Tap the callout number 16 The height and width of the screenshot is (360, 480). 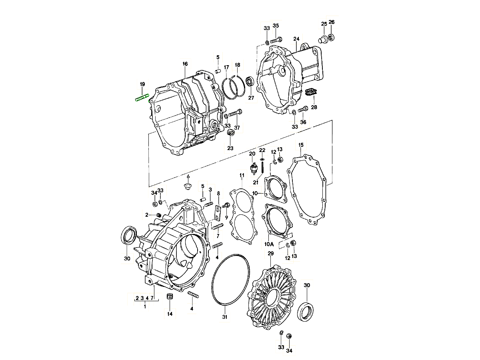[185, 64]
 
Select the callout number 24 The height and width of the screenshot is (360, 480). [296, 39]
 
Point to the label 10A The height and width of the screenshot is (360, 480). [269, 244]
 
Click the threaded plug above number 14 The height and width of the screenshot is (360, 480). [169, 297]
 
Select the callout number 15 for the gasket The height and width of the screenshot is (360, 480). [301, 144]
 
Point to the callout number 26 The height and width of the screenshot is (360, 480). [332, 22]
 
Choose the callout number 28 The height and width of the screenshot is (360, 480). [314, 108]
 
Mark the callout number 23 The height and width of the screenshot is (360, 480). [230, 148]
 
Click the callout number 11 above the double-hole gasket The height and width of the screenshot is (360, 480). [242, 176]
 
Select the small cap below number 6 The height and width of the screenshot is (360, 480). [188, 187]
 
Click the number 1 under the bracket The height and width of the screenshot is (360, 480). [145, 306]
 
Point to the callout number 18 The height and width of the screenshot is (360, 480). [238, 65]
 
